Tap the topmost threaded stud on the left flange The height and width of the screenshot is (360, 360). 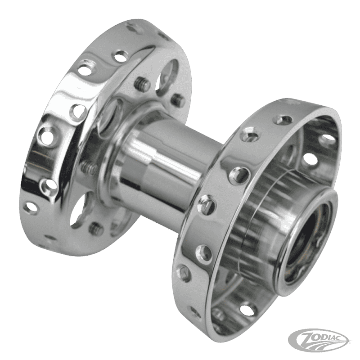[x=140, y=82]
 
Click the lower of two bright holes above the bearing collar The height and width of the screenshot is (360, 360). [x=310, y=158]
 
